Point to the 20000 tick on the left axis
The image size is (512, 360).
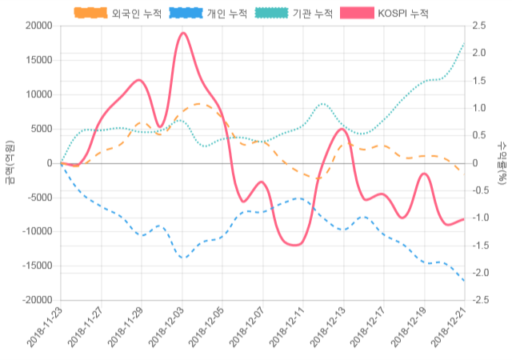click(37, 26)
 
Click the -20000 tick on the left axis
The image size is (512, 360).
click(35, 300)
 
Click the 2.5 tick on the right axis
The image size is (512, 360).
click(480, 26)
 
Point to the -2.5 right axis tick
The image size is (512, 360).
click(482, 300)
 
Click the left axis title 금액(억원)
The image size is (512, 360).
click(10, 162)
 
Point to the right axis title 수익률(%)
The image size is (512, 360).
click(502, 162)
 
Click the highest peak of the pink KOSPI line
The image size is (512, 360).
click(183, 33)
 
